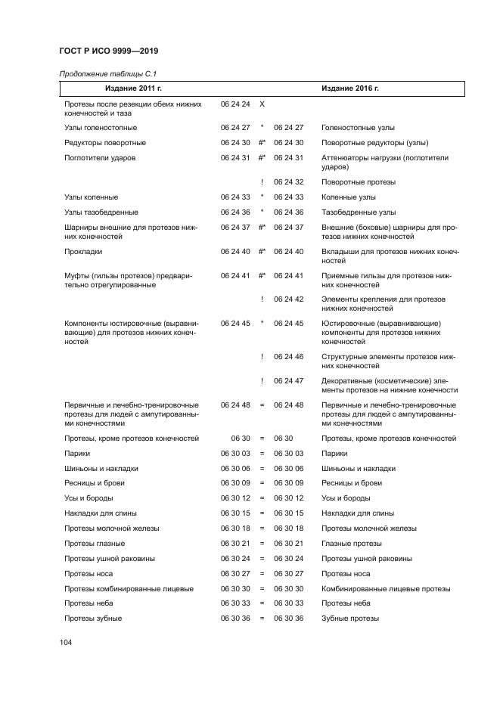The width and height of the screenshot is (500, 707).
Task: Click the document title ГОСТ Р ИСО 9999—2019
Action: click(x=107, y=51)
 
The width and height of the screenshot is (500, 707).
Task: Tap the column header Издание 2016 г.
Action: click(x=349, y=88)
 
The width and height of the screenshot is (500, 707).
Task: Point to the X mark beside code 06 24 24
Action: click(x=262, y=104)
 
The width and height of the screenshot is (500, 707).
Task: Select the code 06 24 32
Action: click(x=288, y=182)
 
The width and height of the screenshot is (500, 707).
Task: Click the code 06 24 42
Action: click(x=288, y=299)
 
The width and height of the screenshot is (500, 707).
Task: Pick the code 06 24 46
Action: click(x=288, y=356)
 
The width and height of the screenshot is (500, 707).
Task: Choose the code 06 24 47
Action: click(x=288, y=381)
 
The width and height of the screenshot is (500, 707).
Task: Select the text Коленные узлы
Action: click(x=348, y=197)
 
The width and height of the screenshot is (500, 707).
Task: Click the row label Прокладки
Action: click(x=83, y=251)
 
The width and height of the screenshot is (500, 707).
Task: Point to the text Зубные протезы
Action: click(x=350, y=619)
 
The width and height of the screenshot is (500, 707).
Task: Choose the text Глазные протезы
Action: click(x=352, y=544)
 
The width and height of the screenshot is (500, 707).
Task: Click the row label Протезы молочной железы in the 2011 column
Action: click(x=112, y=529)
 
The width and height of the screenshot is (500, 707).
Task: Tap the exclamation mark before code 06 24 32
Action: click(x=262, y=182)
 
